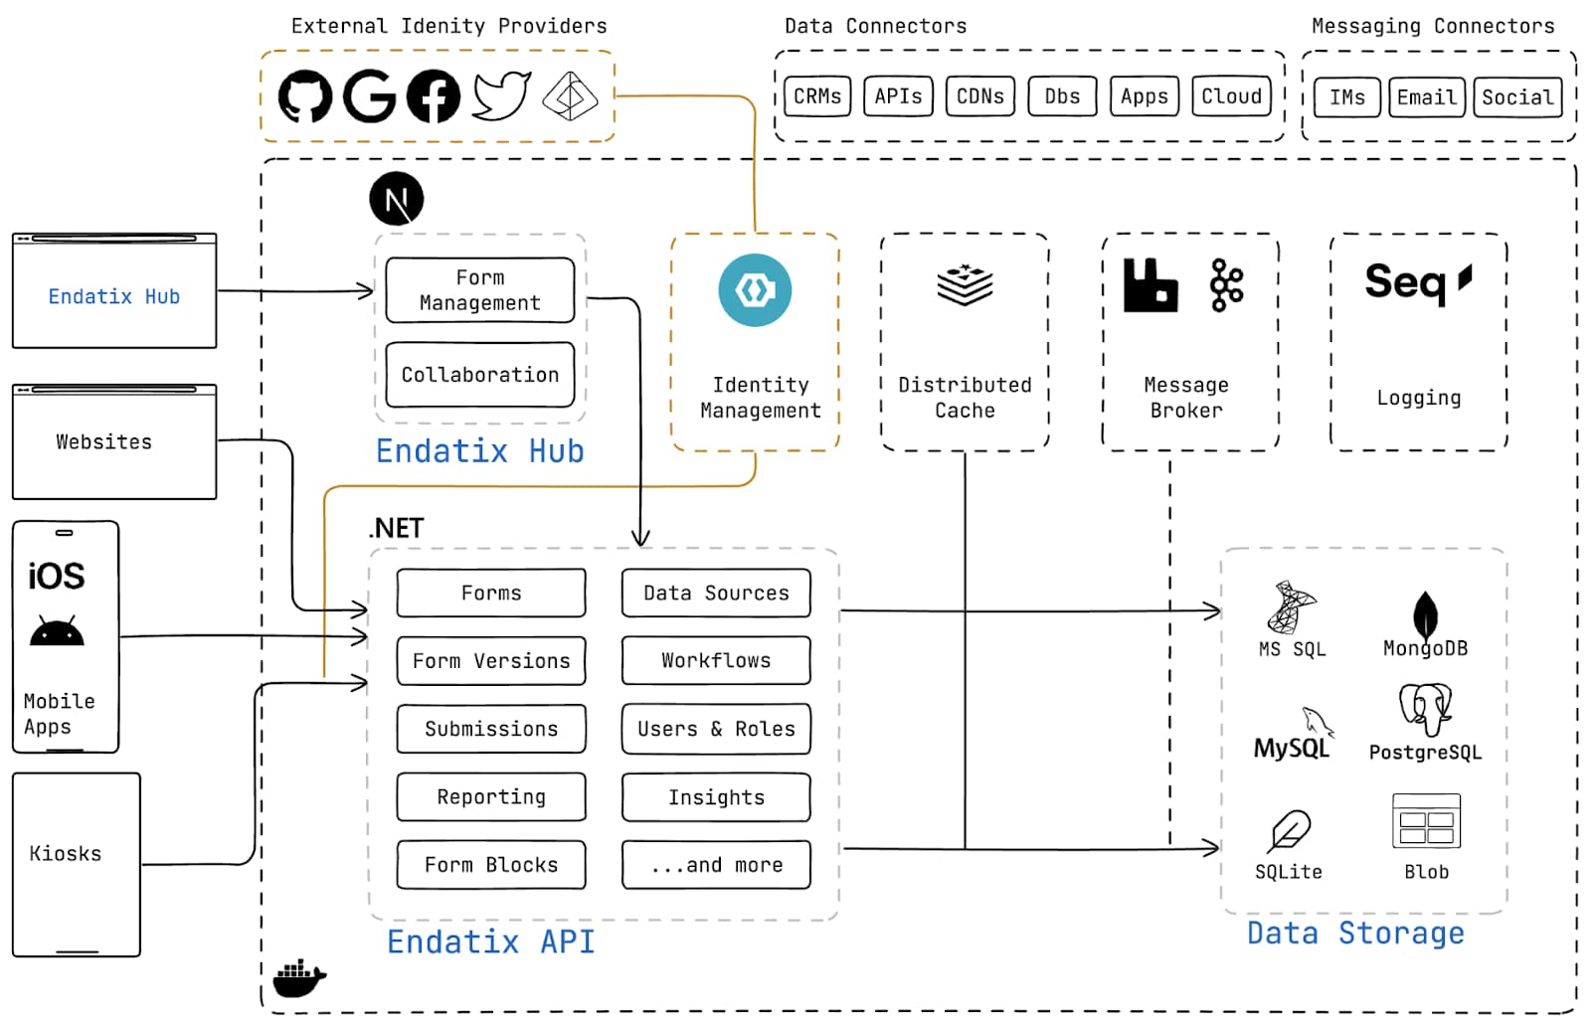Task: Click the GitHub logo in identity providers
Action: point(304,96)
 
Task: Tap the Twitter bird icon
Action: point(501,95)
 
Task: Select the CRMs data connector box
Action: point(816,96)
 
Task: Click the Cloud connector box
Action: point(1231,96)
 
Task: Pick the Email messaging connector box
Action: point(1426,97)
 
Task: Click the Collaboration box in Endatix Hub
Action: point(480,375)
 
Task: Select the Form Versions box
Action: point(491,661)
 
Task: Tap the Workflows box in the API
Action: point(716,661)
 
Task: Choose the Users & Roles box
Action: point(716,729)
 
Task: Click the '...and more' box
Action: point(716,865)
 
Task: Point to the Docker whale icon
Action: point(299,978)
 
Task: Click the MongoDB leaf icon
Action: point(1425,613)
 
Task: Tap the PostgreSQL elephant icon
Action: point(1425,709)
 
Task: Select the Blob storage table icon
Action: point(1426,821)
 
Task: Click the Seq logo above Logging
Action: point(1417,282)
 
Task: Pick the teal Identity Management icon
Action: point(755,290)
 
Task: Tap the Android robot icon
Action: point(57,631)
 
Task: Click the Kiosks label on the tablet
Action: point(66,854)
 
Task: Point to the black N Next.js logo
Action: point(397,199)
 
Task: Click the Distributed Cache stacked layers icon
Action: point(965,285)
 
